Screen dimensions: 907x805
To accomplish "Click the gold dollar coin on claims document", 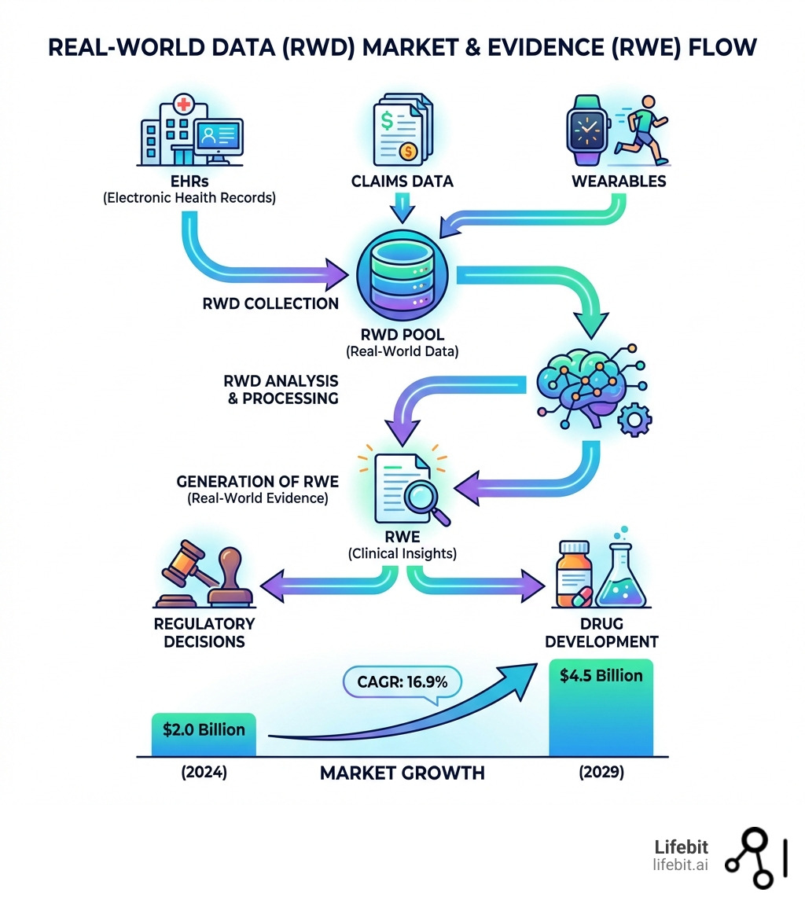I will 406,151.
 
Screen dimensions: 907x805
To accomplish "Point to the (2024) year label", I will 204,773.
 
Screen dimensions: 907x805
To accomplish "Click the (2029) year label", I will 601,773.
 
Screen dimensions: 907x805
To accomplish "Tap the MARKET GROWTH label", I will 402,773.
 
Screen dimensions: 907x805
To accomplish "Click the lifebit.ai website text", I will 680,865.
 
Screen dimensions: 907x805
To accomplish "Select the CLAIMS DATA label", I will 402,182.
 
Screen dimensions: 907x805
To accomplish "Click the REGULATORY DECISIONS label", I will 204,633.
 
